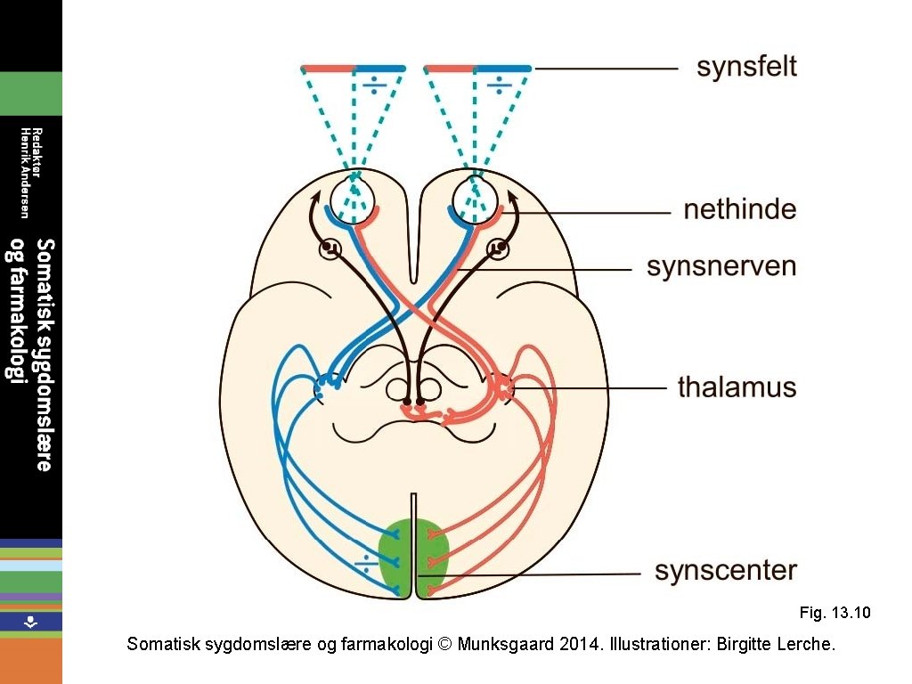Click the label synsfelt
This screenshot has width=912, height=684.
pos(746,67)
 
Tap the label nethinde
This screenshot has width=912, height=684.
pos(739,210)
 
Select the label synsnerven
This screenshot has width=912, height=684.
pos(721,266)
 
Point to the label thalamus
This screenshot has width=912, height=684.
pos(737,387)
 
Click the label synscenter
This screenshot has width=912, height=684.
pos(725,570)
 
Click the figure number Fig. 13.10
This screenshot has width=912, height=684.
pos(835,613)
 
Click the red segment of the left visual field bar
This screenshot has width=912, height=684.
pos(328,68)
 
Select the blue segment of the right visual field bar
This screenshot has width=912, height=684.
pos(503,68)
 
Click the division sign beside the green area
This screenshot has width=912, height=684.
pos(365,562)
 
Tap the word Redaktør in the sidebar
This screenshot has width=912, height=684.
pos(36,153)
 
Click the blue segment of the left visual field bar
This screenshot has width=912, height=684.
pos(379,68)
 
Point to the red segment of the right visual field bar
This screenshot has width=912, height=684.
pos(450,68)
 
